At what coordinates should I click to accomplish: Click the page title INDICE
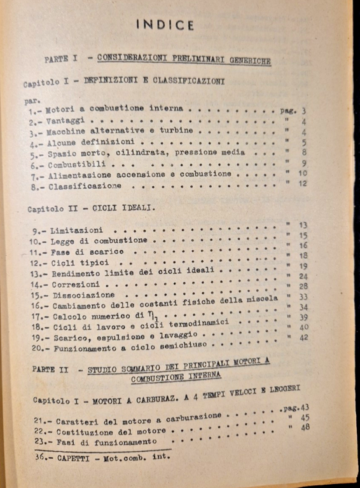click(165, 25)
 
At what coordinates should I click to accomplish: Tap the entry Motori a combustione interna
click(114, 109)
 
